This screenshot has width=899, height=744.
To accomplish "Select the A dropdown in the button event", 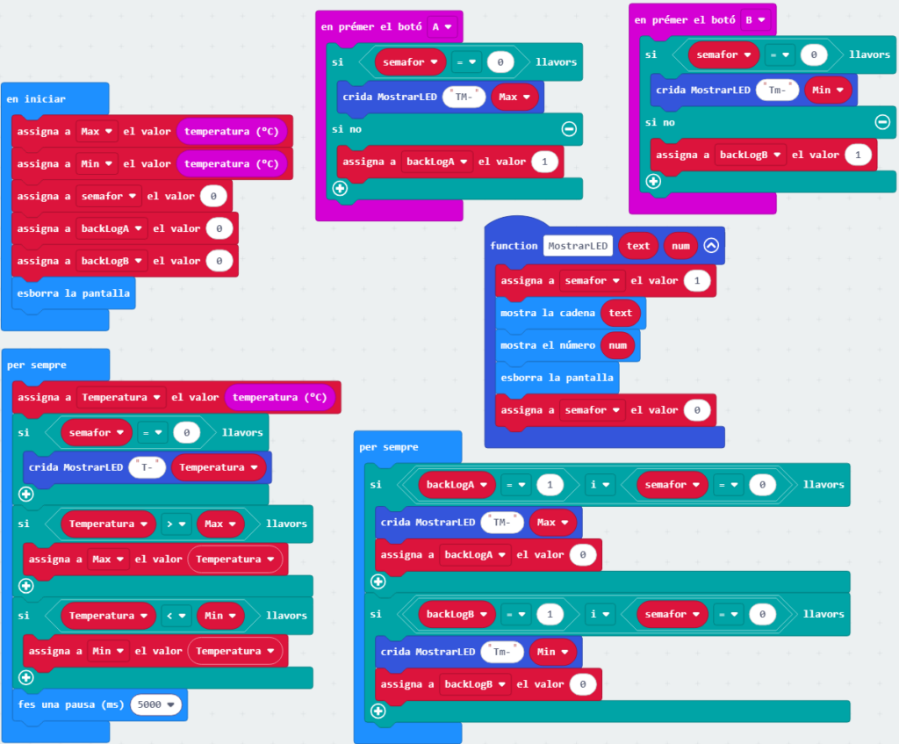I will coord(442,26).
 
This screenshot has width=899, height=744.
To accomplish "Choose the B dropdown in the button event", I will coord(755,19).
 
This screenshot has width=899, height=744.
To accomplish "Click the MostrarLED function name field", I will coord(578,246).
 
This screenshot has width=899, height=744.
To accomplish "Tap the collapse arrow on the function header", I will coord(711,246).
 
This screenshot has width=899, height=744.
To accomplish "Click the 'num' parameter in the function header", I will coord(680,246).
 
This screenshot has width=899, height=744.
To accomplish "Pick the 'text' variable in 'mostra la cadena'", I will coord(620,313).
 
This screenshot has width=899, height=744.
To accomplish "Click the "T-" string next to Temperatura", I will coord(147,467).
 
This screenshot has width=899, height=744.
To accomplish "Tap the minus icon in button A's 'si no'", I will coord(569,129).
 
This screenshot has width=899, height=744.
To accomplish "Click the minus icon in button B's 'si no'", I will coord(882,122).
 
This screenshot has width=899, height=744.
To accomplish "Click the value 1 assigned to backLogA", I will coord(545,162).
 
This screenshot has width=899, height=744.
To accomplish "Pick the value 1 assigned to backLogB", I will coord(859,155).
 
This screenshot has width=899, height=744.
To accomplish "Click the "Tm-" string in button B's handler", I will coord(779,90).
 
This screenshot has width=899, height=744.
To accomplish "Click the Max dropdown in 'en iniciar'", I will coord(97,131).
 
